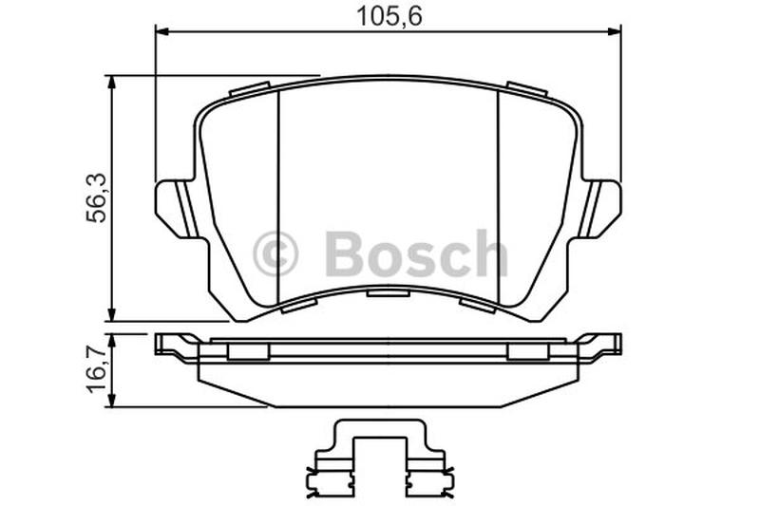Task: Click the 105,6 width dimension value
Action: [389, 16]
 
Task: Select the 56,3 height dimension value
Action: [96, 198]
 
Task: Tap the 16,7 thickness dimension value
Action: [96, 369]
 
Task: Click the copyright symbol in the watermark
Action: [275, 253]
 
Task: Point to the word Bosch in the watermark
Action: [416, 253]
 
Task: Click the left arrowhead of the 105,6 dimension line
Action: [161, 31]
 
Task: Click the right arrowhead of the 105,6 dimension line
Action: [615, 31]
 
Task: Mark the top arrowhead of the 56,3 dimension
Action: [112, 83]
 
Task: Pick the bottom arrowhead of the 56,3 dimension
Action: [112, 314]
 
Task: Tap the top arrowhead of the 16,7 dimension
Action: [112, 341]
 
